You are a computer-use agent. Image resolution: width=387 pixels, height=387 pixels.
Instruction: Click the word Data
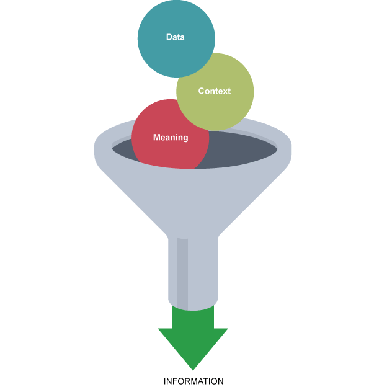click(x=176, y=37)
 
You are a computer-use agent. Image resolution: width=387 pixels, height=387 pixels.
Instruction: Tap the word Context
click(x=214, y=91)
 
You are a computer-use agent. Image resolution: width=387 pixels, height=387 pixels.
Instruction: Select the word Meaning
click(x=170, y=138)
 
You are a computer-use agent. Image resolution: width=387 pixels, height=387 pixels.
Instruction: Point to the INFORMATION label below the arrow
click(x=193, y=381)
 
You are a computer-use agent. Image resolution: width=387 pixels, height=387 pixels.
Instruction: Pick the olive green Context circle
click(x=223, y=109)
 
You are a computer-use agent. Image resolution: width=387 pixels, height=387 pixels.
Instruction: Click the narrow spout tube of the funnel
click(x=202, y=273)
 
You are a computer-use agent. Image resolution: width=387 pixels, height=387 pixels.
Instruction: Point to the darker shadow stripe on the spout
click(x=182, y=273)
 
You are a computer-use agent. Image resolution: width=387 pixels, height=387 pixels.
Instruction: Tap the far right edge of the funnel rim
click(x=291, y=149)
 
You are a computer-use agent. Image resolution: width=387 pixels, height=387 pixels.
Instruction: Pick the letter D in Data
click(x=169, y=37)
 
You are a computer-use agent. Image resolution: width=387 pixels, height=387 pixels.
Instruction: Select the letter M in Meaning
click(x=156, y=138)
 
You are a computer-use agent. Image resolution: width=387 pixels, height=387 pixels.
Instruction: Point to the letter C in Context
click(x=202, y=91)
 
